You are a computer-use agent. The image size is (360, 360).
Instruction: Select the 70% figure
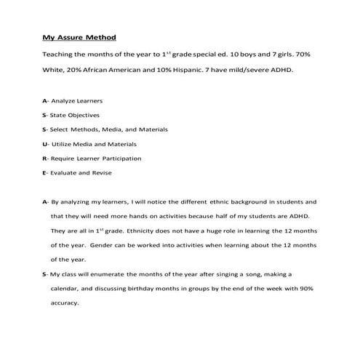tap(311, 55)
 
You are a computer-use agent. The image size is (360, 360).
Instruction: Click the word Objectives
tap(84, 115)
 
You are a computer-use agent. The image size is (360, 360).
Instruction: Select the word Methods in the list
tap(89, 129)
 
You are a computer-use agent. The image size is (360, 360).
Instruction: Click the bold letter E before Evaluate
tap(44, 172)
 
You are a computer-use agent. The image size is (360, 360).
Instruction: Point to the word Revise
tap(104, 172)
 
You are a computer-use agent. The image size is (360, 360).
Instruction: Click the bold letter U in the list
tap(45, 144)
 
